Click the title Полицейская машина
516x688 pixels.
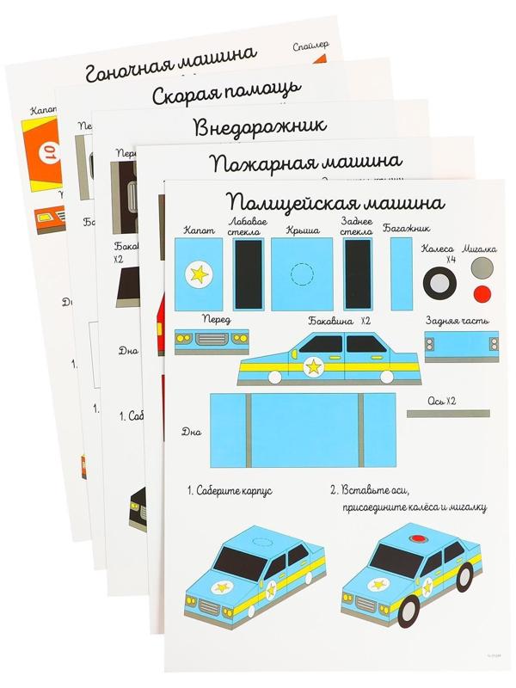point(335,203)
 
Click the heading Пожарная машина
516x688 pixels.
point(306,163)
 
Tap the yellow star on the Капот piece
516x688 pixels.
point(200,274)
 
